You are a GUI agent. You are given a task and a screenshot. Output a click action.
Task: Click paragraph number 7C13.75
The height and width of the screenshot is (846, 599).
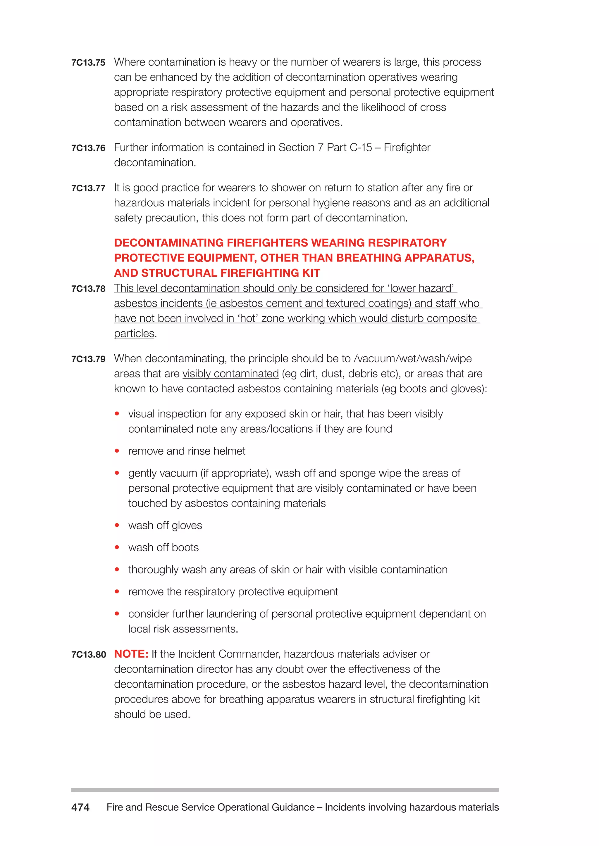[x=88, y=63]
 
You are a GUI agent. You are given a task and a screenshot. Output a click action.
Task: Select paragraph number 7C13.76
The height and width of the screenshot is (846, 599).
[x=88, y=148]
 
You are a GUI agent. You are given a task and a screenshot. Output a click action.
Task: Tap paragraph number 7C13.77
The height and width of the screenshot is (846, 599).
[x=88, y=188]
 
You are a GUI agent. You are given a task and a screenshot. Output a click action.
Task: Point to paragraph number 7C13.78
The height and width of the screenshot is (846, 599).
[x=88, y=289]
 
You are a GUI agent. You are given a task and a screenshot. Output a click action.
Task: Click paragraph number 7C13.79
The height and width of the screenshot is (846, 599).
[x=88, y=359]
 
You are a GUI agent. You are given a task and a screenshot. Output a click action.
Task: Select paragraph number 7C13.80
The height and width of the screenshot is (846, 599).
[x=89, y=655]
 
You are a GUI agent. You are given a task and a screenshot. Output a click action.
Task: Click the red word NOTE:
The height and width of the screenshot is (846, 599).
[x=131, y=654]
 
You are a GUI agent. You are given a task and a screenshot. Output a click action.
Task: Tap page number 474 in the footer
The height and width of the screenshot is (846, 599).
[x=80, y=807]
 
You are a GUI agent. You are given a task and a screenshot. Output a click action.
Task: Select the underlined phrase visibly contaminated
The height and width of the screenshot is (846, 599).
[x=230, y=374]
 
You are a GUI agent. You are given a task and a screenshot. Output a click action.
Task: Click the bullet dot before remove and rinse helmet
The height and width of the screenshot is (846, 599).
[x=117, y=451]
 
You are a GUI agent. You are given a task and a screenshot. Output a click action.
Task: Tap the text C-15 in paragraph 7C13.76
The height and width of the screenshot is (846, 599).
[x=361, y=148]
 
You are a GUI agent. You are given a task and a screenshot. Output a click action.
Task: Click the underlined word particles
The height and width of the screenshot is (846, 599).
[x=134, y=333]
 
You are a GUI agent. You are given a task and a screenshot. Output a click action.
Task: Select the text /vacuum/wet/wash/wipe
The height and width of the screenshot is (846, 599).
[x=412, y=358]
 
